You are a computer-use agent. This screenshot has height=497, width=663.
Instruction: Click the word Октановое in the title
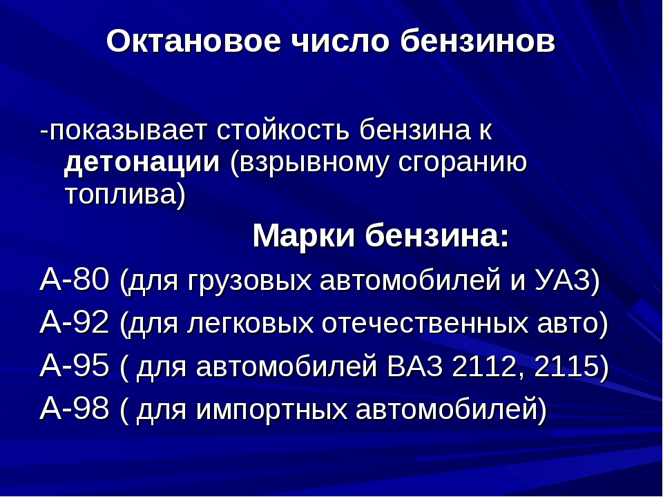pos(193,41)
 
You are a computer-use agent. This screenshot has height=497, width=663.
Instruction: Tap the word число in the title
pos(340,41)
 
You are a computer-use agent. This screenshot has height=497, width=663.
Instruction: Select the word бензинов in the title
pos(477,41)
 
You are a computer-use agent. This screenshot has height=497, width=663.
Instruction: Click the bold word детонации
pos(142,162)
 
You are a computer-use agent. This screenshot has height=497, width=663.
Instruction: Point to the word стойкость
pos(283,130)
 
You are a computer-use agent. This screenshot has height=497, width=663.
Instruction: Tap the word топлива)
pos(126,195)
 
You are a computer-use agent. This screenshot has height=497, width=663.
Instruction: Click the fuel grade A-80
pos(75,280)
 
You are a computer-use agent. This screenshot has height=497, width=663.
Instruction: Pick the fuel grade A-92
pos(75,322)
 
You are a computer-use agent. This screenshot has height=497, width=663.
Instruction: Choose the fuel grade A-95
pos(75,366)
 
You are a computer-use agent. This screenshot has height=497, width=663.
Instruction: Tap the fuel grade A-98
pos(75,409)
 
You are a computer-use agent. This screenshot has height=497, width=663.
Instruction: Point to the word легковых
pos(250,324)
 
